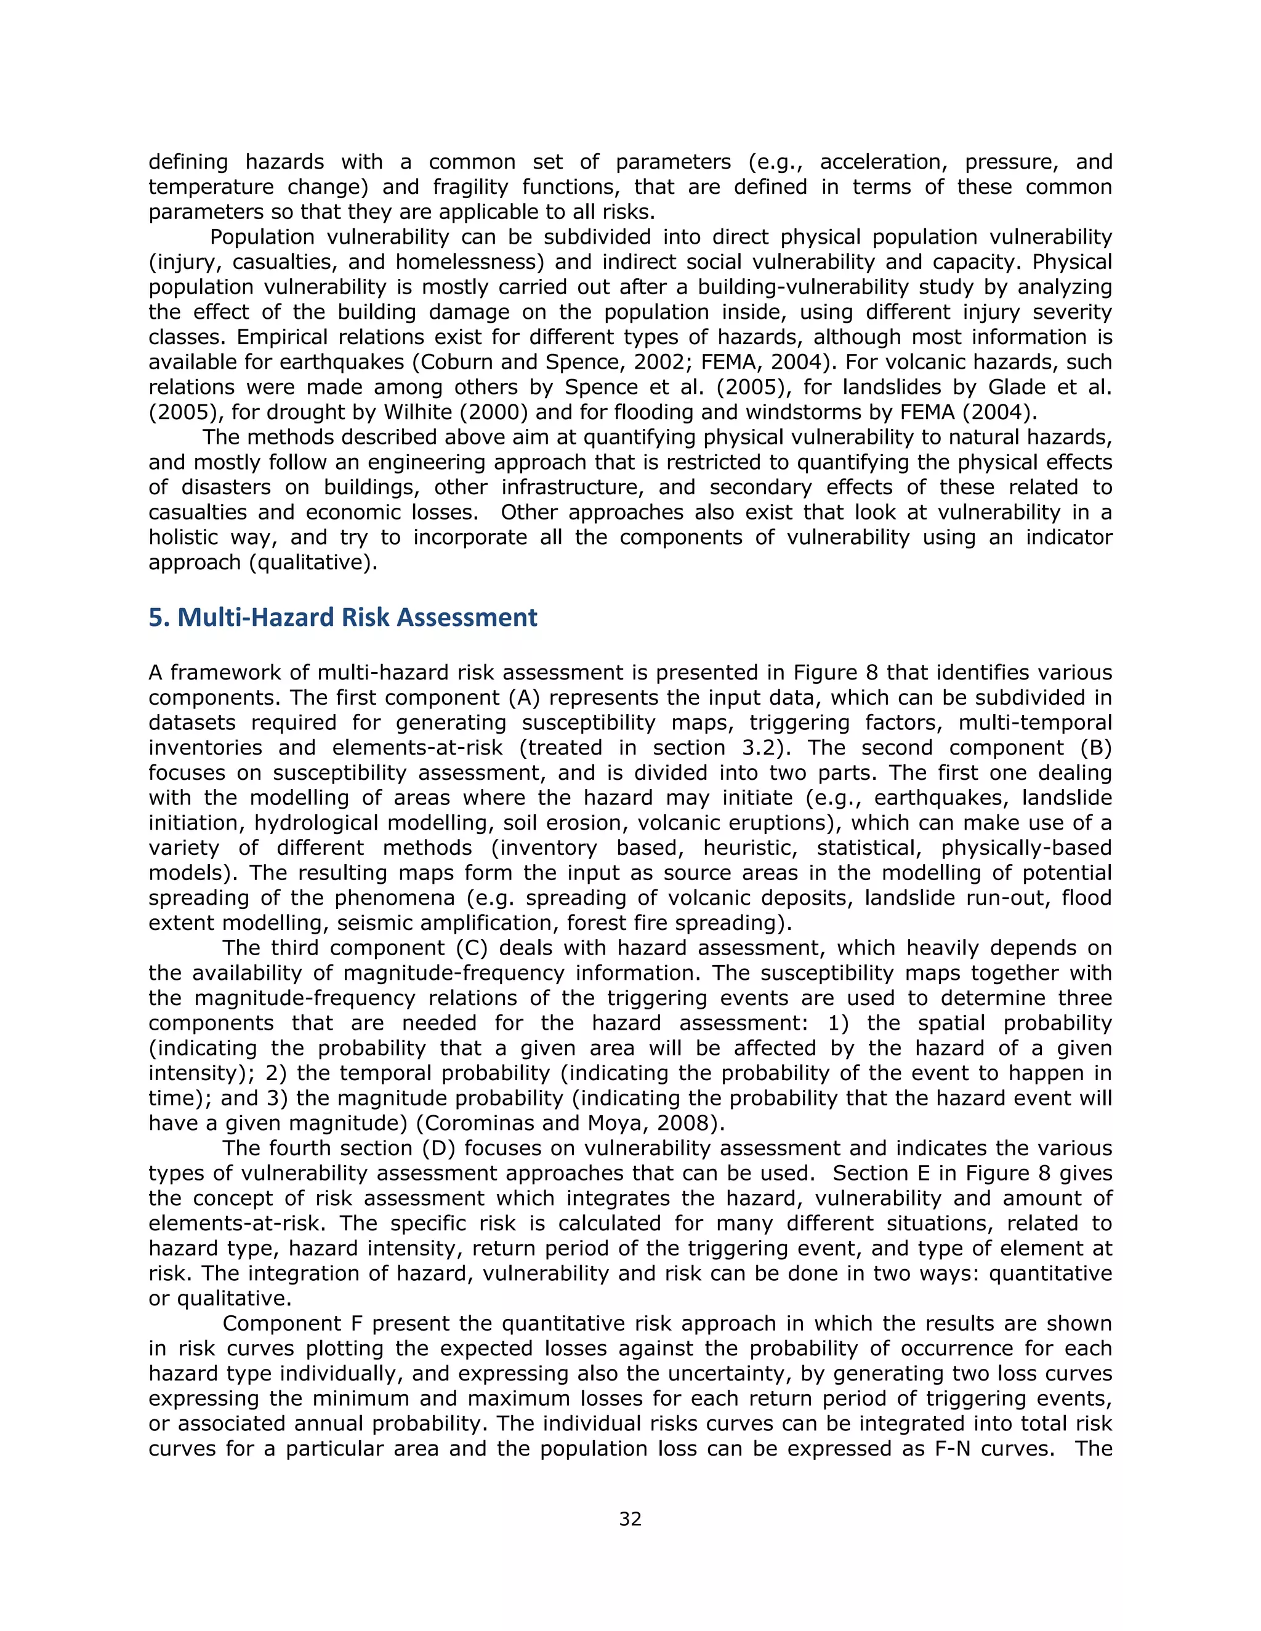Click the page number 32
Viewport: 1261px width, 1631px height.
[x=630, y=1519]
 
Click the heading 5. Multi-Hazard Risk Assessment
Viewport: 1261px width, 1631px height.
[x=343, y=617]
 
